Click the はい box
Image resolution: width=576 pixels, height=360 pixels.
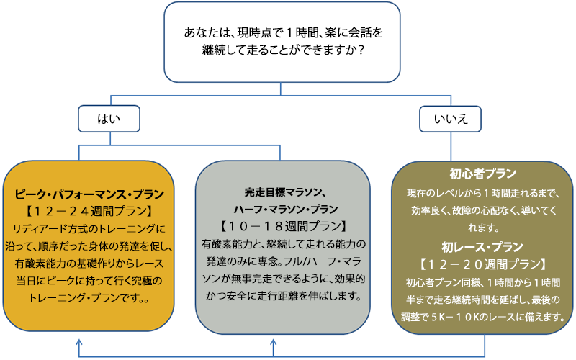[x=109, y=119]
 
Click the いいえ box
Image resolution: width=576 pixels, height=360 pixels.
[x=451, y=119]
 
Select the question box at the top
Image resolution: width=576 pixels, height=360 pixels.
[x=282, y=42]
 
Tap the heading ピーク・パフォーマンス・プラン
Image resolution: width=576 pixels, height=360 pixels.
[x=89, y=194]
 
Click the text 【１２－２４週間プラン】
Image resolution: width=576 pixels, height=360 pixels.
[x=89, y=211]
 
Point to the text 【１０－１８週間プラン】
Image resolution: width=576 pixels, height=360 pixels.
[x=283, y=226]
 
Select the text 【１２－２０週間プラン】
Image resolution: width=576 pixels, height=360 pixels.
[x=482, y=264]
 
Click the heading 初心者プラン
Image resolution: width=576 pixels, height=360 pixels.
[x=482, y=174]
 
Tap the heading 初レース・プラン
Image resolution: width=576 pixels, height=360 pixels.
[x=482, y=247]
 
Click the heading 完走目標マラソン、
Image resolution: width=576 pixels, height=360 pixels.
[x=285, y=192]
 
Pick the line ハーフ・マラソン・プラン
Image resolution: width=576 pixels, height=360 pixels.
[x=285, y=209]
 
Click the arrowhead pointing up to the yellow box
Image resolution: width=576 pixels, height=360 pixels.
[x=78, y=343]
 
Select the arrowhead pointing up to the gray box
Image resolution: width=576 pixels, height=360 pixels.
[x=273, y=343]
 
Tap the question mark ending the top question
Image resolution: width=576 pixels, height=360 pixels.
[x=361, y=50]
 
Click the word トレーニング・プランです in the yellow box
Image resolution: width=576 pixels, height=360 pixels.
[x=84, y=297]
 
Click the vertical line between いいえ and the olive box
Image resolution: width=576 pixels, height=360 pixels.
[x=451, y=147]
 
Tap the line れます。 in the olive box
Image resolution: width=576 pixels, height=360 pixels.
[x=482, y=228]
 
